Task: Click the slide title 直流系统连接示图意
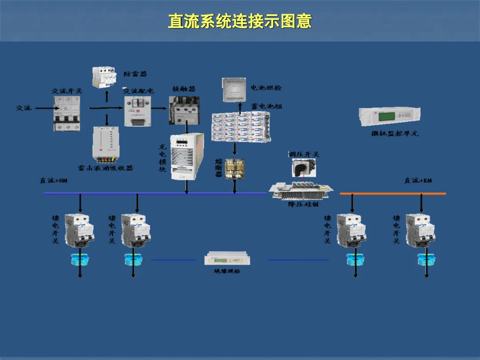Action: point(240,21)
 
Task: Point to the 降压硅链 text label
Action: point(303,204)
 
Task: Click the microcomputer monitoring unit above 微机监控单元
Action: point(390,116)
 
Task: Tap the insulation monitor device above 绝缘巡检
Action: point(224,259)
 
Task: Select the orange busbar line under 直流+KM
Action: point(393,194)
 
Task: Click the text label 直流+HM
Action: point(53,180)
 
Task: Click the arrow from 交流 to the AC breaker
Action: point(44,108)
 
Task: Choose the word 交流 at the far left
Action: point(24,108)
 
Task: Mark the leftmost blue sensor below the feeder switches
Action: point(80,259)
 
